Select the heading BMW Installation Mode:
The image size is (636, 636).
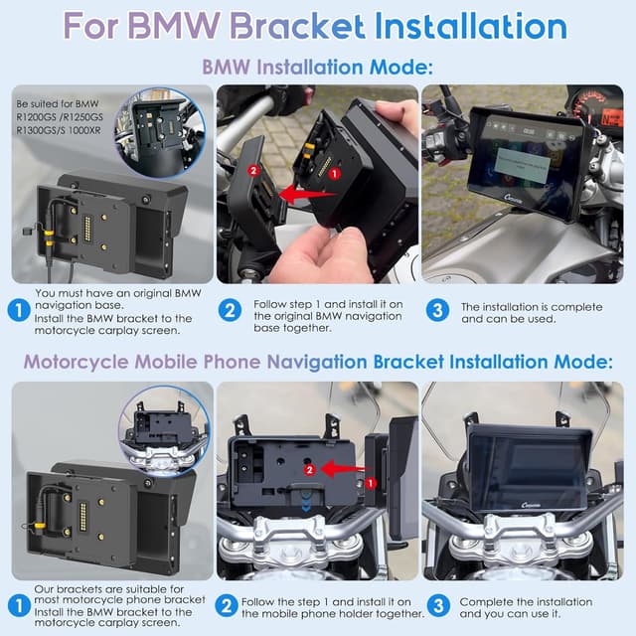318,67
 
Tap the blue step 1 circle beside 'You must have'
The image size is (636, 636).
17,309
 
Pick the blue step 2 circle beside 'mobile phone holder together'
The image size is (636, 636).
228,605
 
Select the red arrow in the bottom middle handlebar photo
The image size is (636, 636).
338,467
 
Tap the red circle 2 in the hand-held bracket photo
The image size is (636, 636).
254,171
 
